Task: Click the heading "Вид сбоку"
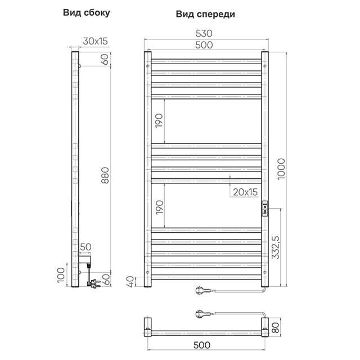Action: tap(86, 13)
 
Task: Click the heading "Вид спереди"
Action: tap(205, 14)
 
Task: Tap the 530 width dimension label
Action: tap(204, 34)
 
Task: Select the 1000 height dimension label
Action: tap(281, 169)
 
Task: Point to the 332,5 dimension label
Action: tap(276, 247)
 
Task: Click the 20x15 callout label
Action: tap(245, 192)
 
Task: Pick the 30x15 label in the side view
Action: tap(95, 41)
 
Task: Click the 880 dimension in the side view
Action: tap(105, 175)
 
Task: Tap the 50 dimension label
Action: tap(85, 247)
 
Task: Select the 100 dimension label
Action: tap(61, 275)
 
